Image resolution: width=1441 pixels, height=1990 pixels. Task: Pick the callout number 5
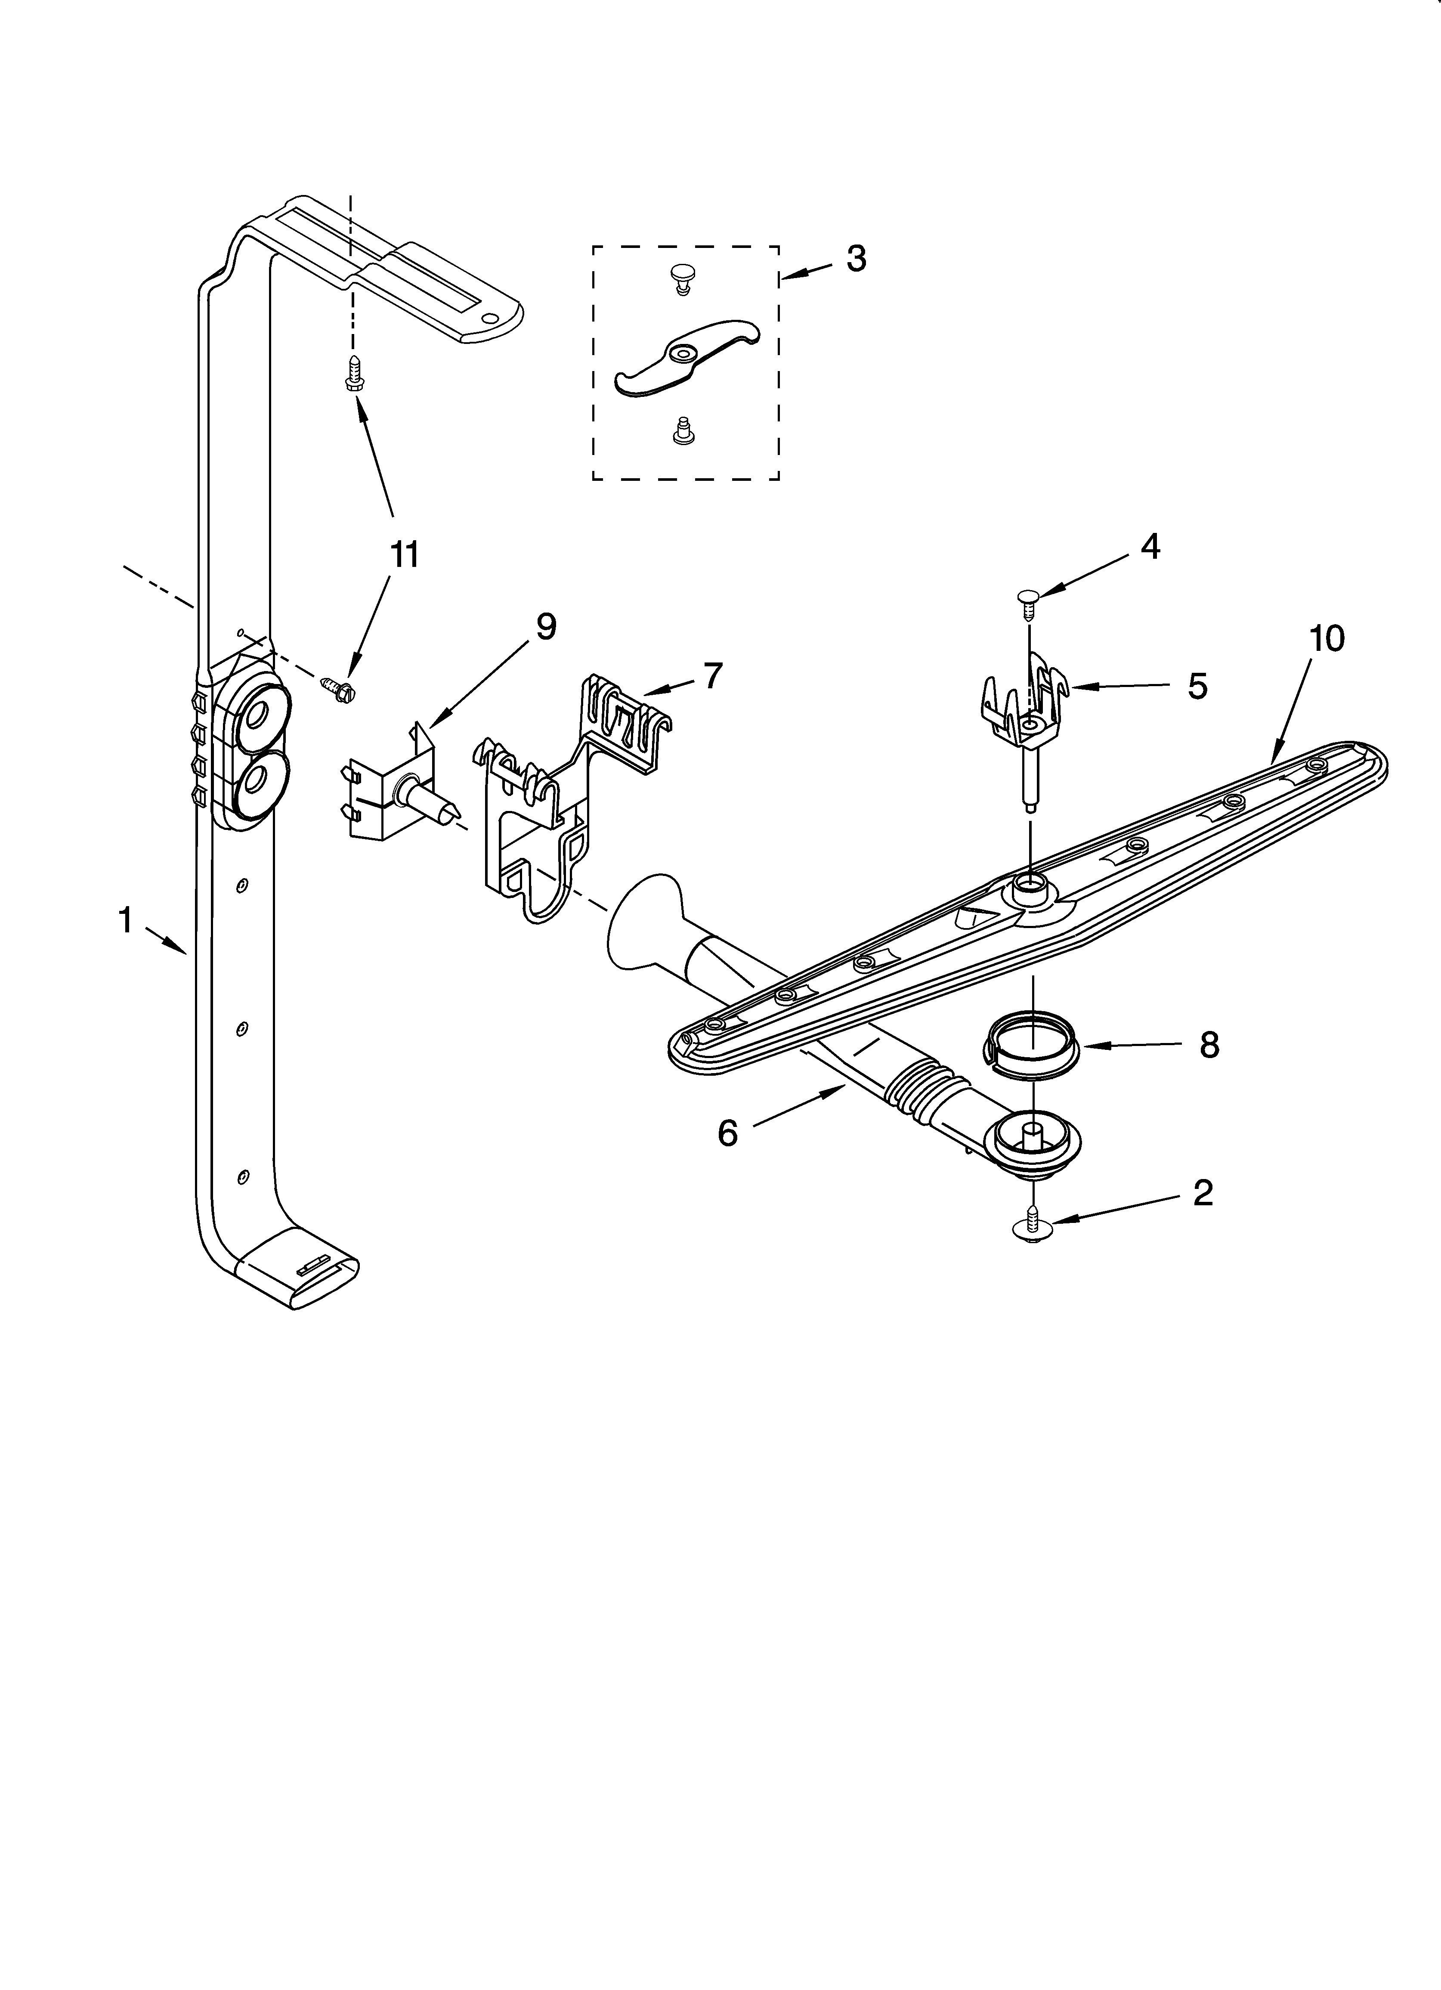1197,686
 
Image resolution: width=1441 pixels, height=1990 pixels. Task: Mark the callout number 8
1209,1045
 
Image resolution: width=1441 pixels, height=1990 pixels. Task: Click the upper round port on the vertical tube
257,715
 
